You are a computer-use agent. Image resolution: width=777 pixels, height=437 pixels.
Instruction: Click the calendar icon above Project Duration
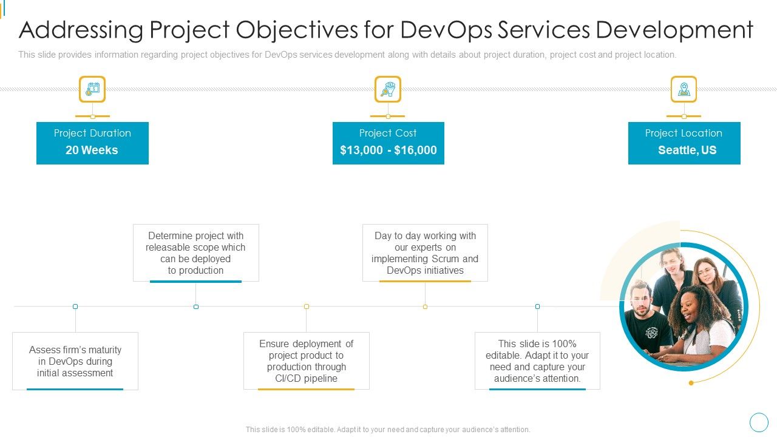point(92,89)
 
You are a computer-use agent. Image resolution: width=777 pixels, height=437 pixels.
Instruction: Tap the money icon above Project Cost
point(388,89)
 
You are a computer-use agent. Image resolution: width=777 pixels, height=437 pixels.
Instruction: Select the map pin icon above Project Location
point(684,89)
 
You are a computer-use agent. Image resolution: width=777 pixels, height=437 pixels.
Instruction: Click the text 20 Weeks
point(92,150)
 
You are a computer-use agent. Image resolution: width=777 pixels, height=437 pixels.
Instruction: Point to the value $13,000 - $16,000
point(388,150)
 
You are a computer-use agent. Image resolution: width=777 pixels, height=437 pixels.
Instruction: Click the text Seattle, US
point(687,150)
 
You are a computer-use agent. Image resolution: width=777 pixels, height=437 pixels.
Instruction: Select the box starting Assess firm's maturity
point(75,361)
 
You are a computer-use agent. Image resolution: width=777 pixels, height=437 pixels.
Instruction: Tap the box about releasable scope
point(195,252)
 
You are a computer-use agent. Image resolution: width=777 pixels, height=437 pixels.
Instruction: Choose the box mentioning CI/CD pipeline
point(306,361)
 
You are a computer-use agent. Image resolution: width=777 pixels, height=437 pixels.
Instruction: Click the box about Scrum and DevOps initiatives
point(425,252)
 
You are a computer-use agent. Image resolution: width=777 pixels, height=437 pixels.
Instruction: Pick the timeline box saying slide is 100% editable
point(537,361)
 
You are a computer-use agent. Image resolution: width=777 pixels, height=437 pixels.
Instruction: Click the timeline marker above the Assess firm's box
point(75,307)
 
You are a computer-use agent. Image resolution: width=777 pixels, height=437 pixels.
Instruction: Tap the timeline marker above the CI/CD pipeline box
point(307,307)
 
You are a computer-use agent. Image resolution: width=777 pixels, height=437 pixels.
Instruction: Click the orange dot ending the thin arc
point(691,383)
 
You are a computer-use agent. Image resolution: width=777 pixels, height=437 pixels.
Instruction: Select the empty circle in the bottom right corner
point(759,422)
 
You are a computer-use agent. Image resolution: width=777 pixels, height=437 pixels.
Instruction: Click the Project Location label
point(684,133)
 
